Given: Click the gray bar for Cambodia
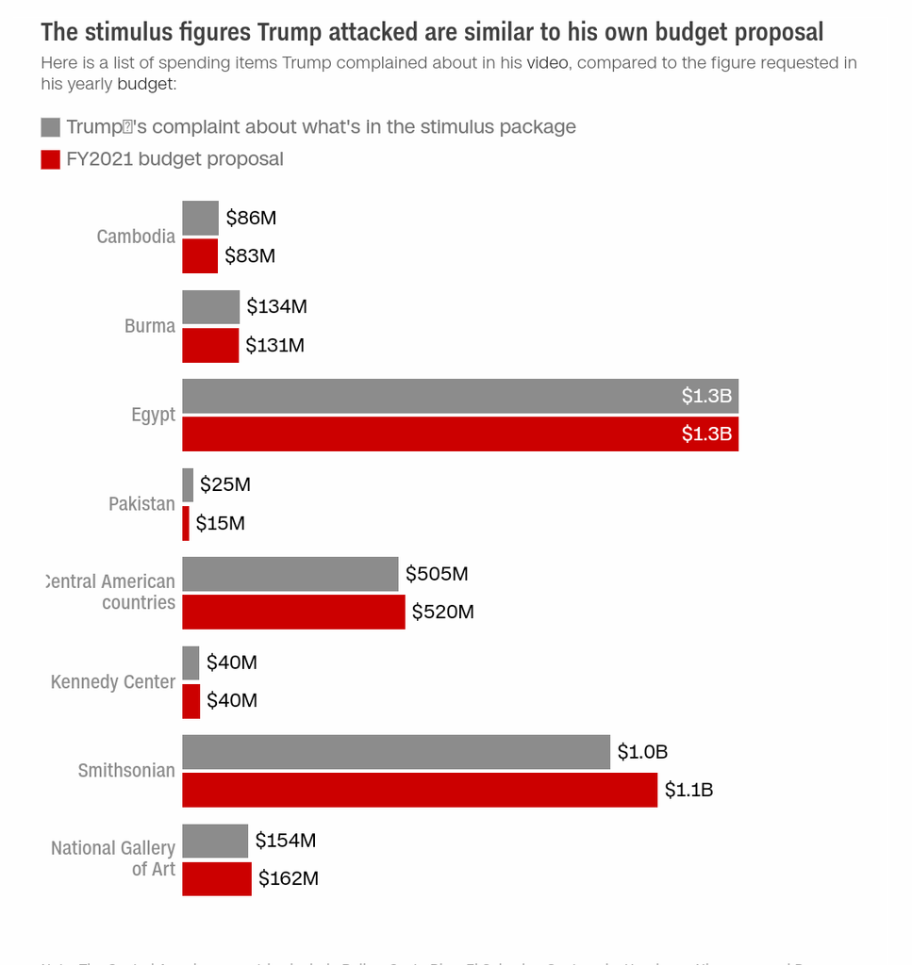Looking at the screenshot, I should pos(200,218).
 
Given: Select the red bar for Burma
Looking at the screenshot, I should pos(210,345).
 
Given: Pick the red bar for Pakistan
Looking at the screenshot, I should pos(186,523).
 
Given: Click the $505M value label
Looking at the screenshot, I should pos(437,574).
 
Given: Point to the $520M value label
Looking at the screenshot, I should pos(442,613).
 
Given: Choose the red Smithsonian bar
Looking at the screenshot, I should pos(419,790).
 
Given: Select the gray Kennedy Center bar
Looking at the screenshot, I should pos(191,662).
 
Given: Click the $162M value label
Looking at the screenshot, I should pos(289,879).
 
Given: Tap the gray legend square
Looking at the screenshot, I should pos(51,127).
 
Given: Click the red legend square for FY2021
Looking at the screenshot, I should pos(51,159).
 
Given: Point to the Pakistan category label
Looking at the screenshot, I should pos(141,504).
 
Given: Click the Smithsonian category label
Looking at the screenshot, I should pos(126,771).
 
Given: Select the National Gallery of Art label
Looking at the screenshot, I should pos(113,859).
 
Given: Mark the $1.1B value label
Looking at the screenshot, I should pos(688,790).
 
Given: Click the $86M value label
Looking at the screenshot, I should pos(251,219).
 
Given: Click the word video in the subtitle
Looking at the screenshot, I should pos(547,63).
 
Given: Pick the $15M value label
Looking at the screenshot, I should pos(220,523).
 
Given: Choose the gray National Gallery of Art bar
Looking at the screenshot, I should pos(215,841).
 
